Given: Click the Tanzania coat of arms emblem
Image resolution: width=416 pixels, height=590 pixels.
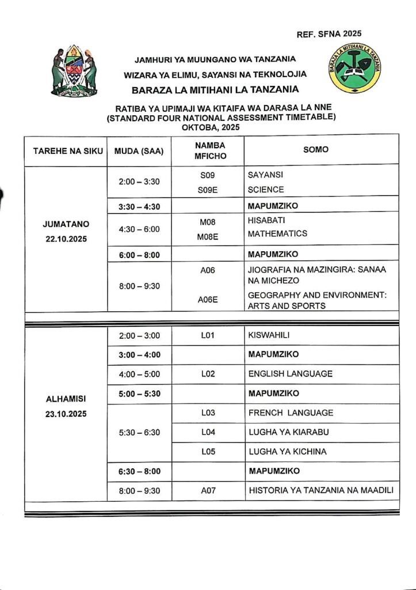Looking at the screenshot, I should (x=75, y=71).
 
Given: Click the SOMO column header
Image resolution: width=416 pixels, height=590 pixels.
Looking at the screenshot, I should (x=316, y=149).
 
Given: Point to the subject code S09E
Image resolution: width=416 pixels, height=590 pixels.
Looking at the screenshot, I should (x=208, y=190).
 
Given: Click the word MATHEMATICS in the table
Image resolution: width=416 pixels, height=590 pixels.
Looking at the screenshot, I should (x=277, y=234).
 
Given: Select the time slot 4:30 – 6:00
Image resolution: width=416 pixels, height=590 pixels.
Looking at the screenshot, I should (x=139, y=229).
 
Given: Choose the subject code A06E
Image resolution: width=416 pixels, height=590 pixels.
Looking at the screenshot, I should (x=208, y=300).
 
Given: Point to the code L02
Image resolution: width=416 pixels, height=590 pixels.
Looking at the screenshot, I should (x=208, y=374).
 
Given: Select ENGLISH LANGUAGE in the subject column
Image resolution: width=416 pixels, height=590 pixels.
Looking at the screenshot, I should (x=290, y=374).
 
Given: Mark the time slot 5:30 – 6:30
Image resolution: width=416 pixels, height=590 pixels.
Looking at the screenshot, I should (x=139, y=432).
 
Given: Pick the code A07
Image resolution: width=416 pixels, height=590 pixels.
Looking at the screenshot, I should (x=208, y=491).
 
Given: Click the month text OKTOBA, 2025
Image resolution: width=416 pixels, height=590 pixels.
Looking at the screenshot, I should (x=208, y=127).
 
